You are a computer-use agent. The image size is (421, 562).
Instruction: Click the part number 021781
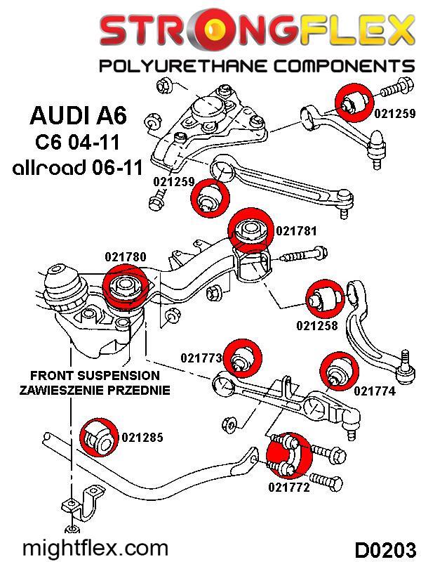[x=297, y=230]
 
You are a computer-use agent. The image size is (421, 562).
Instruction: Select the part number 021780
[x=126, y=257]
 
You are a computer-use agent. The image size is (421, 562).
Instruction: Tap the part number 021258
[x=317, y=325]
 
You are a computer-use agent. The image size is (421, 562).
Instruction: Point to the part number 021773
[x=201, y=358]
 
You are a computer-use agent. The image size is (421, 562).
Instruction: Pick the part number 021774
[x=375, y=391]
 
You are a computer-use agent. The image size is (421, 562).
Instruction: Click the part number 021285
[x=142, y=438]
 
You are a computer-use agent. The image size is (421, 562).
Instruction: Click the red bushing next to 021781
[x=250, y=229]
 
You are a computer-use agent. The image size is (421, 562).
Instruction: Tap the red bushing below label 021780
[x=123, y=288]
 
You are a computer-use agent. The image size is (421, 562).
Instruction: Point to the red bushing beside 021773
[x=243, y=358]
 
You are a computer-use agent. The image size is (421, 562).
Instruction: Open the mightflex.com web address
[x=96, y=547]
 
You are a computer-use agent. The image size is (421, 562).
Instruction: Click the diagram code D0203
[x=383, y=547]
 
